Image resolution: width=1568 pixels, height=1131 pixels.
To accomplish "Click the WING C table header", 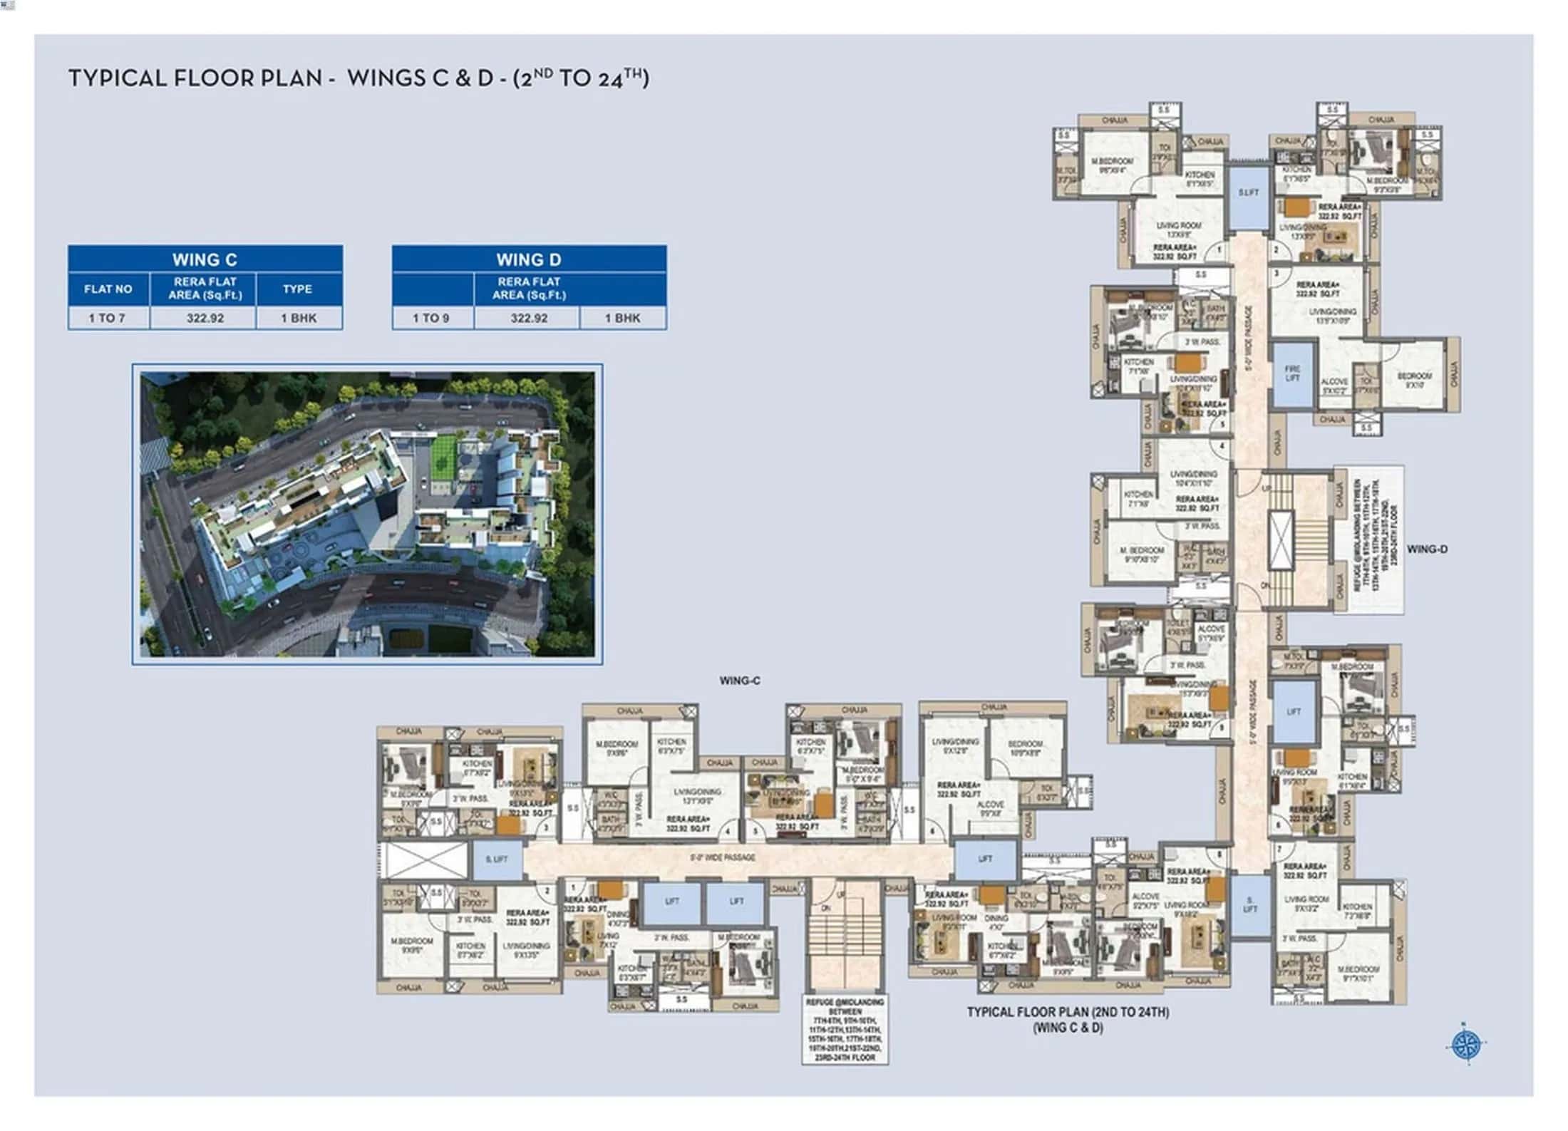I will (205, 259).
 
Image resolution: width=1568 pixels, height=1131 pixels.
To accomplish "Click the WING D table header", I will (529, 259).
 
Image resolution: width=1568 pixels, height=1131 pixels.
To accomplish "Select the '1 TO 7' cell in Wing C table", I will (108, 319).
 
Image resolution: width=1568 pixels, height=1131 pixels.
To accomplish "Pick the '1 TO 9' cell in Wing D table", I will (431, 319).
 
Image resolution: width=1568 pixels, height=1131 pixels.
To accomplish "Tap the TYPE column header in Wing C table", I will (297, 289).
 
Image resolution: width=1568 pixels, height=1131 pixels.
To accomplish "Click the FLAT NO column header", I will (108, 289).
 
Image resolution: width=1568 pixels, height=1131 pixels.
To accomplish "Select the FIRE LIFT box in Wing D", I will (1292, 374).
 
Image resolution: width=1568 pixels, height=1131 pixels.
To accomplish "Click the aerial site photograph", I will (367, 514).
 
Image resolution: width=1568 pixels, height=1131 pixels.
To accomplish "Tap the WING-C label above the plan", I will (740, 681).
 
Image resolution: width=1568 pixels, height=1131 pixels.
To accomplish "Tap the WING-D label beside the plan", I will (1427, 549).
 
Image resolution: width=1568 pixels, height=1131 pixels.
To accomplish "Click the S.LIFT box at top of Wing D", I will (1248, 193).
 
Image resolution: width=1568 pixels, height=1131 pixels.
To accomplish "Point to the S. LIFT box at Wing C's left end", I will (497, 859).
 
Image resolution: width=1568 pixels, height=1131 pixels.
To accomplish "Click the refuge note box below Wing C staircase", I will (845, 1030).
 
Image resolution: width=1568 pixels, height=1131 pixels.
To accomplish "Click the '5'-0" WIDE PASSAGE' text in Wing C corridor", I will (722, 857).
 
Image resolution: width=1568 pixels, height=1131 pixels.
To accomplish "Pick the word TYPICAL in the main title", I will (117, 78).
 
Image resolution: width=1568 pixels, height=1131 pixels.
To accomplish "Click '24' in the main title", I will (610, 79).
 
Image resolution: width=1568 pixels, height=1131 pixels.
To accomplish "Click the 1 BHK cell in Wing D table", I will (622, 319).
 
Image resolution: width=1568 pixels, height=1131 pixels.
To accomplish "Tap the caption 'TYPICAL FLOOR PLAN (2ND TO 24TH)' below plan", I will (1068, 1012).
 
